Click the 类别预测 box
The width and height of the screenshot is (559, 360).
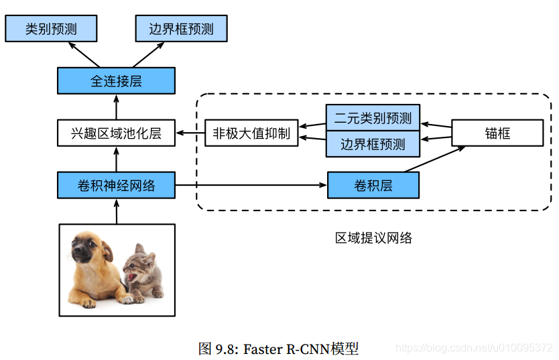pos(51,29)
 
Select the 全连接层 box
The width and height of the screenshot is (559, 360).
pos(116,81)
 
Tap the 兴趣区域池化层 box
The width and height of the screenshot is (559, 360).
pos(116,133)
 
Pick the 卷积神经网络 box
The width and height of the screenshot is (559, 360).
pos(116,185)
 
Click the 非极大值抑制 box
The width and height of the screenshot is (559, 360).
pos(251,133)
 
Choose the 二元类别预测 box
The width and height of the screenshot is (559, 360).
pos(373,119)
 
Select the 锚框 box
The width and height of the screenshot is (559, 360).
pos(497,133)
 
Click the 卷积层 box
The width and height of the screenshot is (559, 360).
pos(373,185)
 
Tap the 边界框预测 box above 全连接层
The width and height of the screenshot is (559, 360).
pos(181,29)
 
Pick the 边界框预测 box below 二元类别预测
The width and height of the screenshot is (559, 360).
pos(373,144)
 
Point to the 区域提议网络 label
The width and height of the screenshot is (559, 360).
pos(373,237)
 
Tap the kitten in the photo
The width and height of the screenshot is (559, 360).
pos(143,272)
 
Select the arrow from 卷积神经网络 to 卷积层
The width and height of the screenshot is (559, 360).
pos(251,185)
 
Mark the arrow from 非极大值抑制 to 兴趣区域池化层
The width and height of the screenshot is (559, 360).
pos(190,133)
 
